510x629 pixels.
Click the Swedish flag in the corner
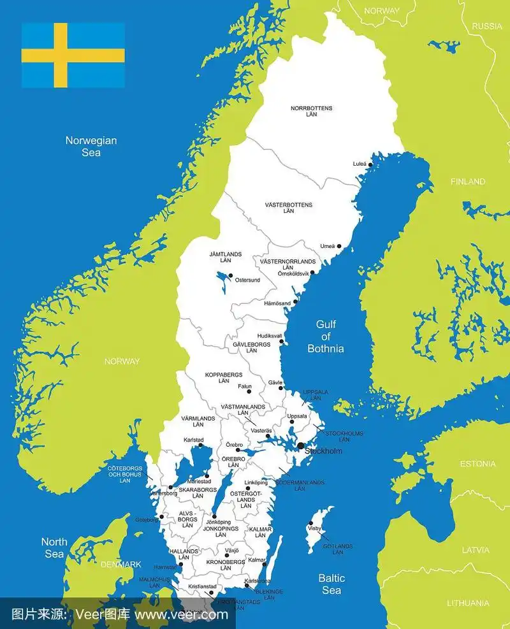[x=73, y=55]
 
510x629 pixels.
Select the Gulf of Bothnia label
[x=325, y=336]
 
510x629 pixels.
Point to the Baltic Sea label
[x=331, y=584]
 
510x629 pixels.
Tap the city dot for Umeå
[x=339, y=246]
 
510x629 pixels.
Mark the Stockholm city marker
[x=300, y=446]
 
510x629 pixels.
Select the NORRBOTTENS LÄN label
[x=311, y=111]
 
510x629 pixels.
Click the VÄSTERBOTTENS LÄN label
[x=289, y=207]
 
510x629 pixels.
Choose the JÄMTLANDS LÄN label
[x=225, y=257]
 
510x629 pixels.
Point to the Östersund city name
[x=247, y=280]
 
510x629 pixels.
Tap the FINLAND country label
[x=468, y=182]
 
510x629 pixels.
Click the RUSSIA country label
[x=487, y=26]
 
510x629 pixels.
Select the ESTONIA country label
[x=477, y=464]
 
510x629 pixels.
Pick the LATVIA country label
[x=476, y=549]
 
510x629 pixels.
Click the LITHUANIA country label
[x=468, y=603]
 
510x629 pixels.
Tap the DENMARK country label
[x=120, y=564]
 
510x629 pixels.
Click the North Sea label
[x=54, y=547]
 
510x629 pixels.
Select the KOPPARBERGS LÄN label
[x=223, y=377]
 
